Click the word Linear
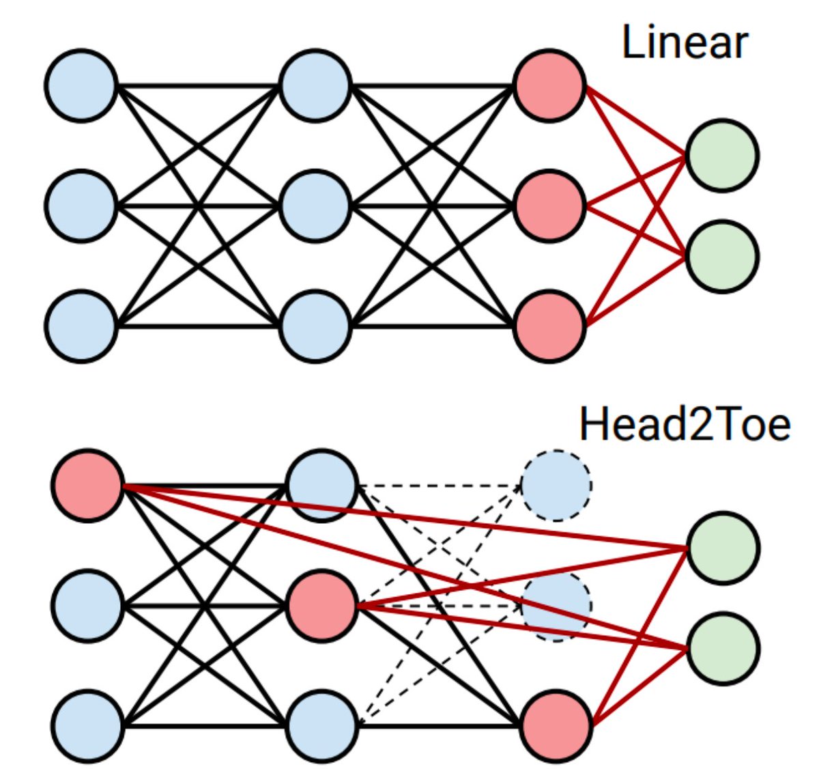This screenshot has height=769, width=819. (x=685, y=42)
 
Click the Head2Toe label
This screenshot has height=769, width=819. (x=685, y=424)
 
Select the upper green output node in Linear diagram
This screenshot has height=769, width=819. (x=722, y=156)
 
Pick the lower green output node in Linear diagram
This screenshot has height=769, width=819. (x=722, y=256)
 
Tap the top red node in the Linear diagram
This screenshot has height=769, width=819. (x=549, y=85)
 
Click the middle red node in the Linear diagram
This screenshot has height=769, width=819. (x=549, y=206)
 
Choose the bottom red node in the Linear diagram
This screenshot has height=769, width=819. (x=549, y=326)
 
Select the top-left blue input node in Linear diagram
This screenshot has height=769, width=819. (x=81, y=85)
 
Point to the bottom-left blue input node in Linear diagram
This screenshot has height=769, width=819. (x=81, y=326)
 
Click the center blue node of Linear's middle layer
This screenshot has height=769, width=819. (x=315, y=206)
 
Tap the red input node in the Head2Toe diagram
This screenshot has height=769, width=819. (x=87, y=486)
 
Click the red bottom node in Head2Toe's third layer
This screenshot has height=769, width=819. (x=556, y=726)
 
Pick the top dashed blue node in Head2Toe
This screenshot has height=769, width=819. (x=556, y=486)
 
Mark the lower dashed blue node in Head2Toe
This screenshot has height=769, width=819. (x=556, y=606)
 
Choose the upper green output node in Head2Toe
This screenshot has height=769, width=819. (x=723, y=548)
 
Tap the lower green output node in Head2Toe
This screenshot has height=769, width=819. (x=723, y=648)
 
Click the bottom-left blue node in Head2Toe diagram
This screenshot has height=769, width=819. (x=87, y=726)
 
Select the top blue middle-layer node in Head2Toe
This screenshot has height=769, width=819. (x=321, y=486)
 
